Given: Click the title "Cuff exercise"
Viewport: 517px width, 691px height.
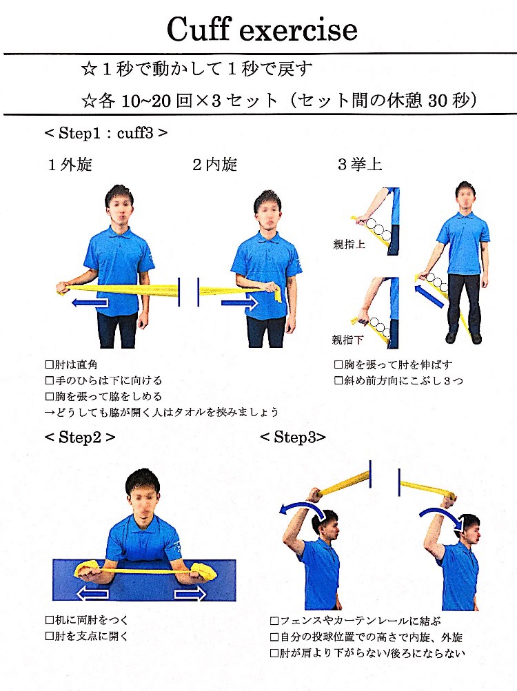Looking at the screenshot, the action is (262, 29).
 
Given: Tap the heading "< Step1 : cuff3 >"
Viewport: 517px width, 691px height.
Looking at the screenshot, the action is (106, 133).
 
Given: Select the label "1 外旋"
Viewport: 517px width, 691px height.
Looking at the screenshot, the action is (70, 165).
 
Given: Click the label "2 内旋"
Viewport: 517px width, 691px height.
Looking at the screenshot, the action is (215, 165).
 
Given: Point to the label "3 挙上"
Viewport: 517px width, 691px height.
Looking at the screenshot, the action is (360, 165).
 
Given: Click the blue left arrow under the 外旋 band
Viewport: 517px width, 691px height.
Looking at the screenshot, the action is (90, 302).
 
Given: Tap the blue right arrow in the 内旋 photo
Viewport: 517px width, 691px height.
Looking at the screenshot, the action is (239, 302).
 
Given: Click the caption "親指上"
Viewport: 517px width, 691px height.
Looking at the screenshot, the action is (349, 244).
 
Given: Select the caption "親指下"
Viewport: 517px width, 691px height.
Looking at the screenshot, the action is (347, 340).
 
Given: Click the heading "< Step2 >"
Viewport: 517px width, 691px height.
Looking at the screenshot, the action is (80, 437).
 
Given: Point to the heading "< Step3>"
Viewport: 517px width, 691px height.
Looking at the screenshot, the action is (293, 437).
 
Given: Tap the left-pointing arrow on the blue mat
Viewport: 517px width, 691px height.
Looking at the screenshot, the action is (93, 594).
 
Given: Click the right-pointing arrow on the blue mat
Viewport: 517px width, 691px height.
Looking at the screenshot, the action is (190, 594).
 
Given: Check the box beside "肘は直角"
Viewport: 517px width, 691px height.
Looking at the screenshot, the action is (50, 364).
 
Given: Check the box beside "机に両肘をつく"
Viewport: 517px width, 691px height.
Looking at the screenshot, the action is (50, 620).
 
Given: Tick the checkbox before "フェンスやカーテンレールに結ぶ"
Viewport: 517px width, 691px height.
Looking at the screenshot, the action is (274, 621).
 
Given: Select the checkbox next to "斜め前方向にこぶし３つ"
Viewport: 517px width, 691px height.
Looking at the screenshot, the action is (338, 380).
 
